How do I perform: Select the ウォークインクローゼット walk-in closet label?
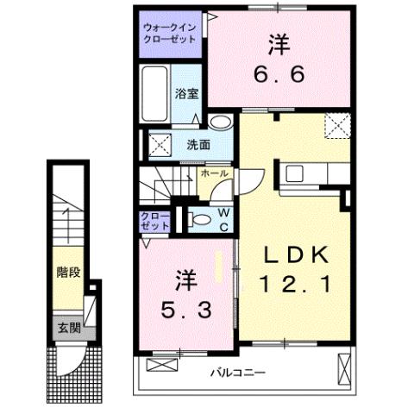170,34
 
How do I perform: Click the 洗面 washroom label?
198,144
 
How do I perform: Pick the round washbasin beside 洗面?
221,122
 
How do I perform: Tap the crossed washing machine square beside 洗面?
159,142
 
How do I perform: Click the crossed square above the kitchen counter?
336,125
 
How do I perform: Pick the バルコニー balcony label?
236,373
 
